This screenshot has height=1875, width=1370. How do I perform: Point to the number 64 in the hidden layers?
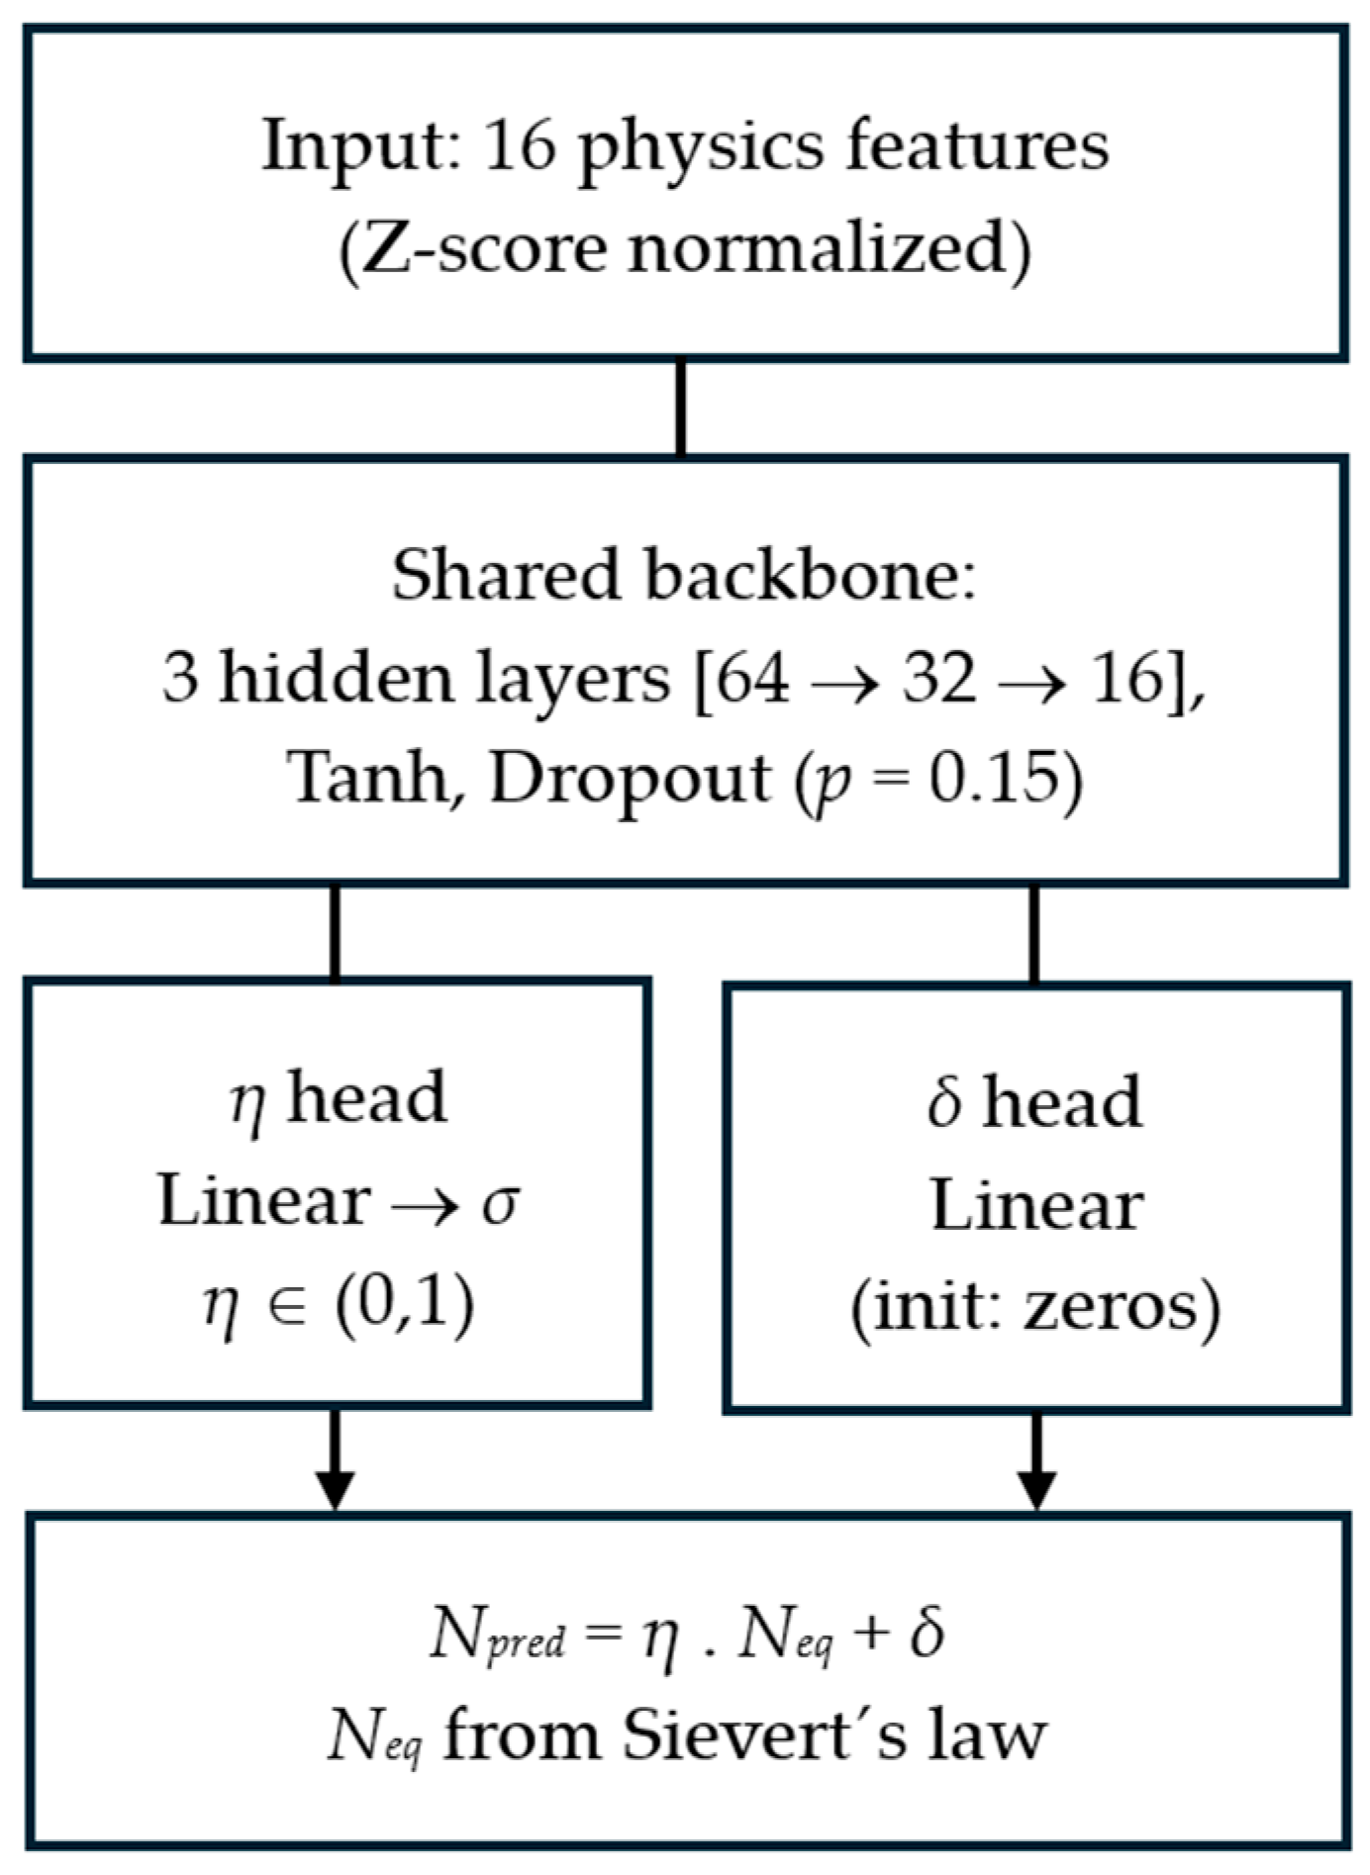[753, 679]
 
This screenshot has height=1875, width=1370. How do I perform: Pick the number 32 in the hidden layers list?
[938, 679]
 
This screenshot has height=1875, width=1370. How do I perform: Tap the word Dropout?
[631, 780]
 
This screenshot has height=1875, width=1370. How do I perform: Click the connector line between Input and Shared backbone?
[681, 408]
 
